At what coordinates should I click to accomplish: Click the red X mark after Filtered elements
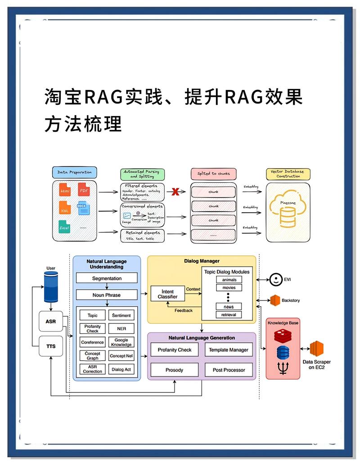point(175,192)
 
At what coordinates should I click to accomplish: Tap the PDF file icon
point(84,190)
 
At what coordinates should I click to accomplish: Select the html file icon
point(65,191)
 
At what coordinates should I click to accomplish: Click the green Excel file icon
point(65,227)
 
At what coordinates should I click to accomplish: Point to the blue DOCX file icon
point(84,209)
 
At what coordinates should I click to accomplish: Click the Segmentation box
point(107,278)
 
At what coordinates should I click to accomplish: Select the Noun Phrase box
point(107,295)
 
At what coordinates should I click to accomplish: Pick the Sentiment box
point(121,316)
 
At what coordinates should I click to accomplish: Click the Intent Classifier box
point(167,295)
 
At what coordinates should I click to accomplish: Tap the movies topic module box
point(229,288)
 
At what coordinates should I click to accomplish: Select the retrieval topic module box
point(229,315)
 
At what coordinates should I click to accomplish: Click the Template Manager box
point(229,350)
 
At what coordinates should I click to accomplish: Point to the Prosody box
point(174,370)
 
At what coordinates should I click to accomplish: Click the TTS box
point(51,346)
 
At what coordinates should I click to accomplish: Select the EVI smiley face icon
point(274,279)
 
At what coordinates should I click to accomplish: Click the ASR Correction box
point(92,369)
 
